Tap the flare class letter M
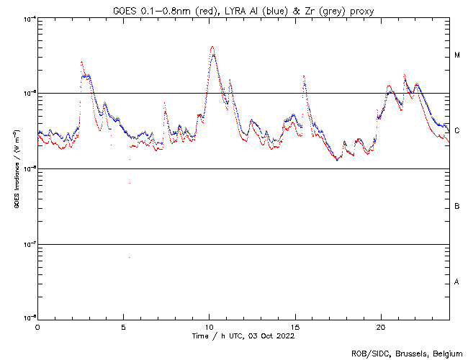click(x=457, y=55)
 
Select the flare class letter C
click(x=457, y=130)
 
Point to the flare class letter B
click(x=457, y=207)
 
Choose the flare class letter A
click(x=457, y=282)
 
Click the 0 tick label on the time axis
click(x=37, y=326)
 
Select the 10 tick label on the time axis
click(x=209, y=326)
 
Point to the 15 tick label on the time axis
click(x=295, y=326)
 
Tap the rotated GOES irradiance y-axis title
click(x=16, y=168)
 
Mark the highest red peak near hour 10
click(x=212, y=47)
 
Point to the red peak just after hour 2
click(x=81, y=62)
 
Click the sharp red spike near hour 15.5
click(x=304, y=75)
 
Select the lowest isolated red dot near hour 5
click(x=130, y=257)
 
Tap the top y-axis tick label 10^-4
click(x=28, y=19)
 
